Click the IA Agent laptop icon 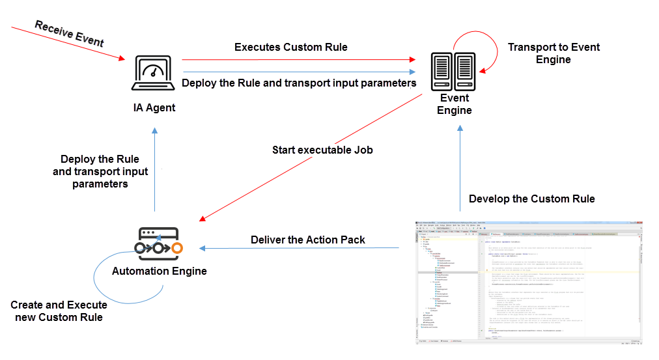154,73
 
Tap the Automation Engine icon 158,240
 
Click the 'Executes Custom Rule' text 291,47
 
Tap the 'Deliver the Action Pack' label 308,240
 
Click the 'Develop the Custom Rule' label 532,199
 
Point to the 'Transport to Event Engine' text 554,53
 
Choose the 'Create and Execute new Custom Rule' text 59,311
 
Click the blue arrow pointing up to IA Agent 154,169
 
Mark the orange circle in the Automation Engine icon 177,248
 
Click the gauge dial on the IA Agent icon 154,69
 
